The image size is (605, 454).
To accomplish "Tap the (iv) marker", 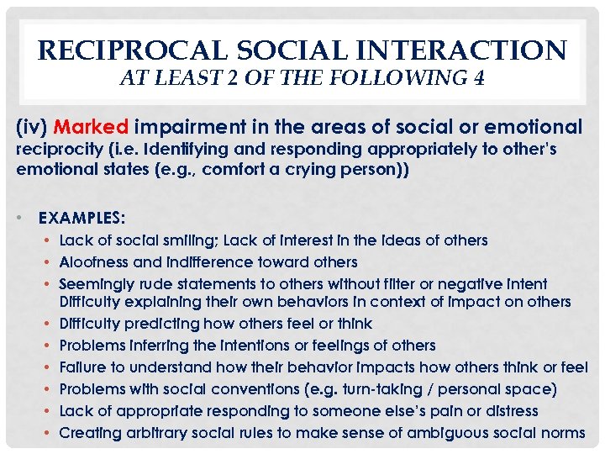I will tap(31, 128).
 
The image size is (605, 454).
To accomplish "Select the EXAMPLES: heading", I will tap(82, 217).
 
